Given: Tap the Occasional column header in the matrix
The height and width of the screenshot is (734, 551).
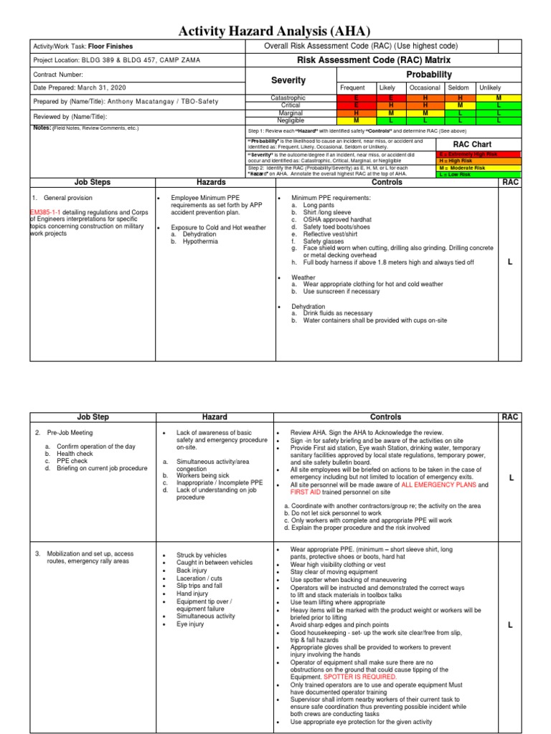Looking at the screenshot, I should click(x=425, y=87).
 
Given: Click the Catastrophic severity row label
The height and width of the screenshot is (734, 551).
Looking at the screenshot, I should click(x=288, y=97).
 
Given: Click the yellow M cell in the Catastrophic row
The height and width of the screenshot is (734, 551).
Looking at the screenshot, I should click(x=498, y=97).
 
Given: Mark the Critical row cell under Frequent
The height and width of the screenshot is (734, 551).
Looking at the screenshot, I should click(x=356, y=105).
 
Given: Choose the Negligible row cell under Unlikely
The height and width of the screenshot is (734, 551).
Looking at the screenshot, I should click(x=498, y=120).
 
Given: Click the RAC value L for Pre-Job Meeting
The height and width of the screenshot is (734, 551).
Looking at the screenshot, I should click(x=510, y=477).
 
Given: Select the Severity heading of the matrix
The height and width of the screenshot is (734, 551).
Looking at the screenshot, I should click(x=288, y=80).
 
